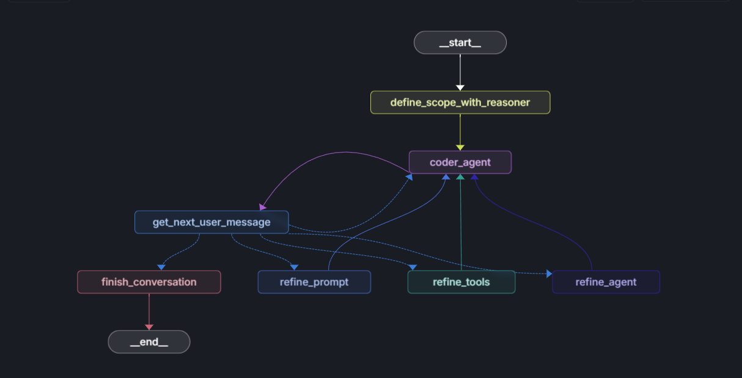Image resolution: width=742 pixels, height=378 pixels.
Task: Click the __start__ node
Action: pyautogui.click(x=460, y=43)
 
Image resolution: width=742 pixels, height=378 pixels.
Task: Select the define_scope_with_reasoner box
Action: pyautogui.click(x=460, y=103)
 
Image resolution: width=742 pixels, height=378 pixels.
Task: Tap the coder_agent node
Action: pyautogui.click(x=460, y=162)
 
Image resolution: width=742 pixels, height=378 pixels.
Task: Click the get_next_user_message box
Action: pyautogui.click(x=211, y=222)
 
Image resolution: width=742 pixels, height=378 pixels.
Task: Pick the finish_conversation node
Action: pyautogui.click(x=149, y=282)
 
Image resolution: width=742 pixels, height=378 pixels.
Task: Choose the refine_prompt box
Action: pyautogui.click(x=314, y=282)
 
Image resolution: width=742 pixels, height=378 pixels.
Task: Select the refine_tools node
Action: pyautogui.click(x=461, y=282)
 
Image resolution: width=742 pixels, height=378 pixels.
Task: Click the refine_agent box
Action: pyautogui.click(x=606, y=282)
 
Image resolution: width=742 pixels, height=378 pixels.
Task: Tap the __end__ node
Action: pyautogui.click(x=149, y=342)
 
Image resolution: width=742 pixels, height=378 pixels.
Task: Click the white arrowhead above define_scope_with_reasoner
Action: pyautogui.click(x=460, y=88)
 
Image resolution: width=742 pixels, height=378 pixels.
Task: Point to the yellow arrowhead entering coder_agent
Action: pyautogui.click(x=460, y=148)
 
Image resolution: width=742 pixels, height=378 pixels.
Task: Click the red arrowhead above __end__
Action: pyautogui.click(x=149, y=327)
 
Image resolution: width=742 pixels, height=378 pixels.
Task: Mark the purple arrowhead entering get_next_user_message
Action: pyautogui.click(x=263, y=208)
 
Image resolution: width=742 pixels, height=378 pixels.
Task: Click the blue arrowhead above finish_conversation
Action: pyautogui.click(x=161, y=267)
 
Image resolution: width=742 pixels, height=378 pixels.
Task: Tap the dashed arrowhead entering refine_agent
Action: pyautogui.click(x=549, y=274)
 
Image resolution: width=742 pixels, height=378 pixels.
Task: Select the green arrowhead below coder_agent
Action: pyautogui.click(x=461, y=177)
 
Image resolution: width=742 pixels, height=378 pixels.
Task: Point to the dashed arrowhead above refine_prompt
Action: pyautogui.click(x=295, y=267)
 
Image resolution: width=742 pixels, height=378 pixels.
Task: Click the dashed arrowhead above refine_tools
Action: pyautogui.click(x=413, y=267)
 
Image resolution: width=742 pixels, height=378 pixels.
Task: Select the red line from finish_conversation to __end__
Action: pyautogui.click(x=149, y=308)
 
